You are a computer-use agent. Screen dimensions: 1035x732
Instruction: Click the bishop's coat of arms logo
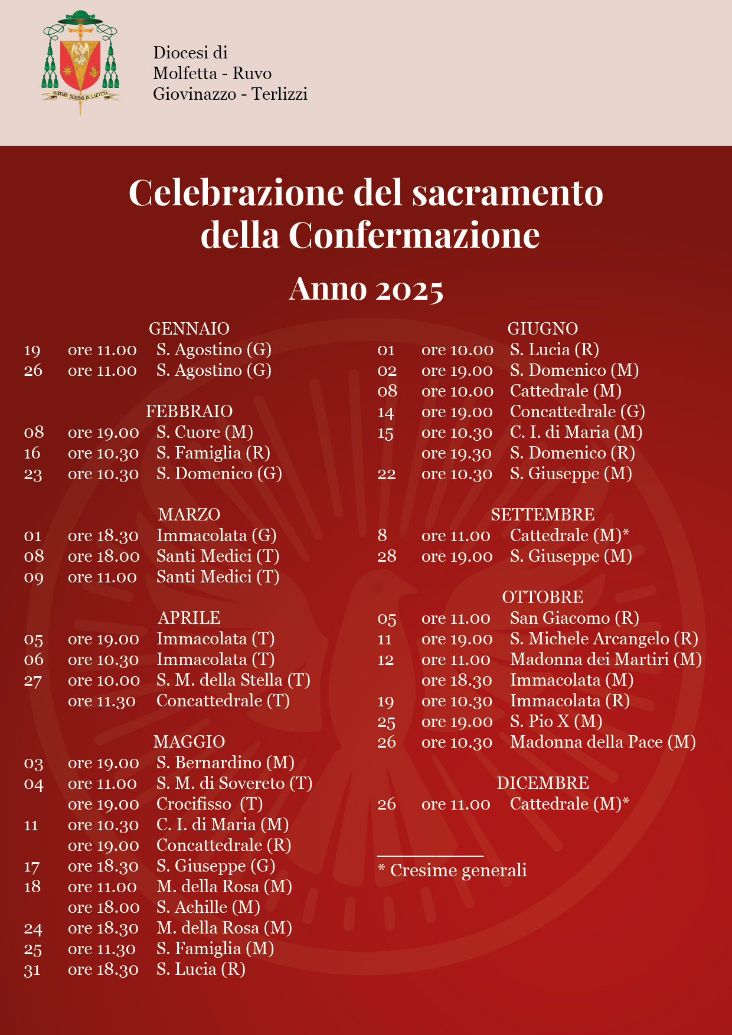80,62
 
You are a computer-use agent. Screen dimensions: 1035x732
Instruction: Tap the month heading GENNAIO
189,329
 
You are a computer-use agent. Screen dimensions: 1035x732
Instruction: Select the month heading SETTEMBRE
543,515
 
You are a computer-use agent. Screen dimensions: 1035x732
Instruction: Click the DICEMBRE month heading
543,783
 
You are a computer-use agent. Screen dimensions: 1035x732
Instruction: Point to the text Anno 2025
366,289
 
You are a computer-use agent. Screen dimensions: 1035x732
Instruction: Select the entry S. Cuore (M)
205,433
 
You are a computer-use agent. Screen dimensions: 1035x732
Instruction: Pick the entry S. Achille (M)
208,908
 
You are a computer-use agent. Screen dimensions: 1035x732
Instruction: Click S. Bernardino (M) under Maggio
226,763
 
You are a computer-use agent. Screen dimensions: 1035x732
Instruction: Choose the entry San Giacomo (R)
574,618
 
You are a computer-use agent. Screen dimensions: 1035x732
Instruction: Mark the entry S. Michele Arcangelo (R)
604,639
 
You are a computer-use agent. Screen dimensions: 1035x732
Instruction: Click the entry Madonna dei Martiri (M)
606,660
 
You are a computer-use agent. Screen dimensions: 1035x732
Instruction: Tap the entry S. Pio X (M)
556,722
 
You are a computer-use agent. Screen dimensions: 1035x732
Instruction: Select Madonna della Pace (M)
603,742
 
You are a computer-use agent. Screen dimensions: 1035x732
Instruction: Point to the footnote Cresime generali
458,870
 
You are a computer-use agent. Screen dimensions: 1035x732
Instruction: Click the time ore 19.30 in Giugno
456,453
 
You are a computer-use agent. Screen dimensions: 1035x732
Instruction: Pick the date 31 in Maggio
32,970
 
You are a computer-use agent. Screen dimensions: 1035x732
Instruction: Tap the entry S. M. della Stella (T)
233,680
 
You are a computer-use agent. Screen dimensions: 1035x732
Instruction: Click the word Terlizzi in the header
280,94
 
